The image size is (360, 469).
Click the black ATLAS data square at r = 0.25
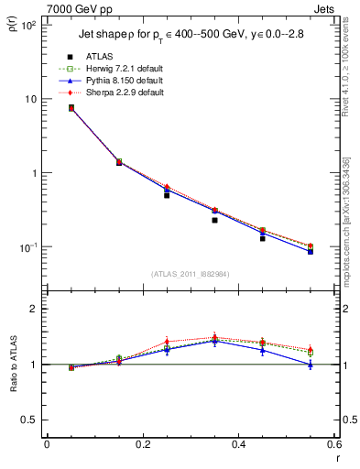click(x=167, y=195)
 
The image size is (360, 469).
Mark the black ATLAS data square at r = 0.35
click(x=214, y=220)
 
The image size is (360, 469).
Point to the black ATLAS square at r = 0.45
click(x=262, y=238)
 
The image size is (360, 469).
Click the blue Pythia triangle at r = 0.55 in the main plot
click(x=311, y=251)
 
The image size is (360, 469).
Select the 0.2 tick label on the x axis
click(x=142, y=444)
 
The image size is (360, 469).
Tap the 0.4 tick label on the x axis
click(x=238, y=444)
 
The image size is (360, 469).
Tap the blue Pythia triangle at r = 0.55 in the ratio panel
click(x=311, y=365)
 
